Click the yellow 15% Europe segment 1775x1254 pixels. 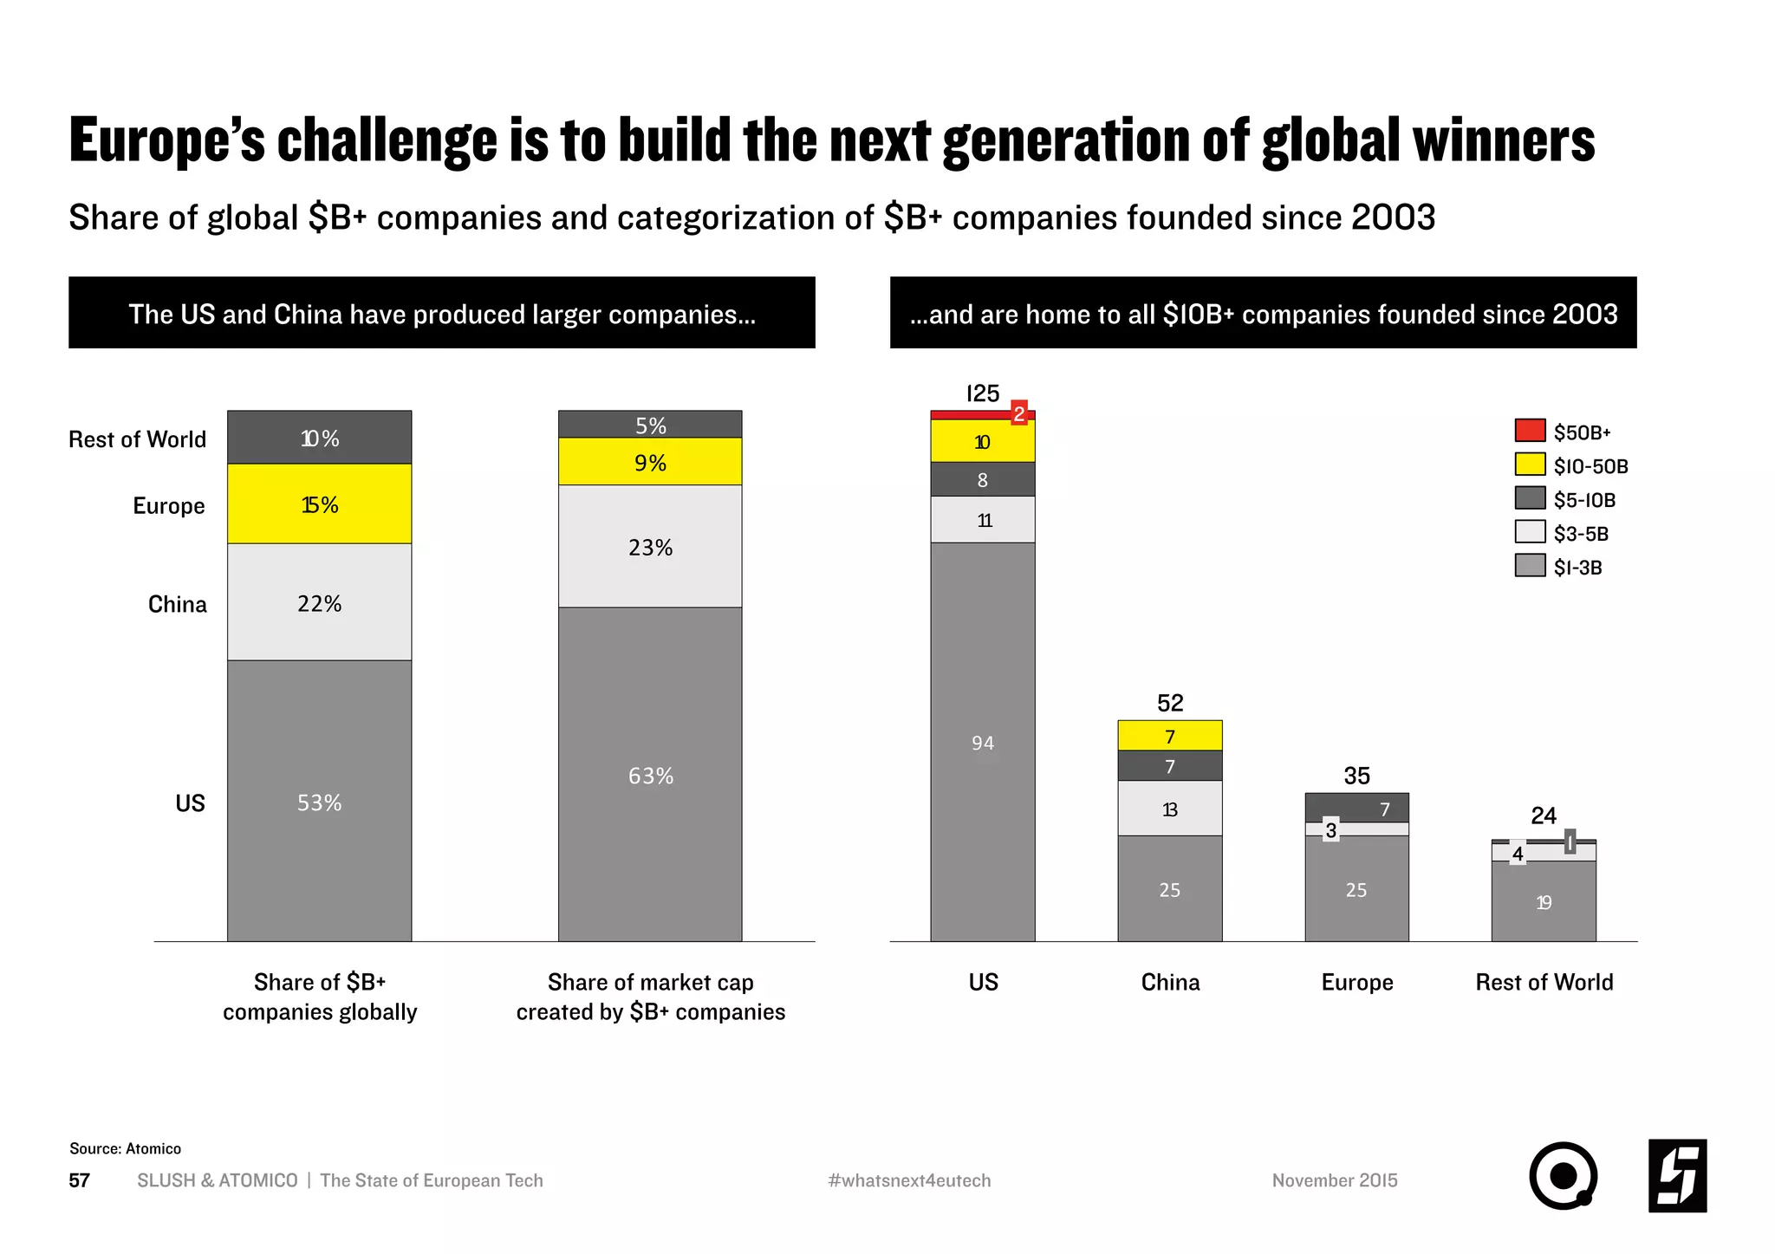(x=319, y=504)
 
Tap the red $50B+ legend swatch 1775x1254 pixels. (x=1530, y=431)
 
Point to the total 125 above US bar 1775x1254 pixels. (x=982, y=394)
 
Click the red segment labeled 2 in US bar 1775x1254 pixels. (x=1019, y=414)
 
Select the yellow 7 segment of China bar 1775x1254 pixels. (x=1169, y=736)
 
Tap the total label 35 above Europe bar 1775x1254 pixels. (x=1356, y=776)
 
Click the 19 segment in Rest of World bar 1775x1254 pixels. (x=1543, y=902)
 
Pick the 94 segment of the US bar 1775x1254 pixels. (x=982, y=743)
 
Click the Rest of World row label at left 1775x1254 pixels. (x=137, y=439)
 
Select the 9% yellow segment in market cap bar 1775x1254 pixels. (x=650, y=462)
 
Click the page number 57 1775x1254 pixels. (x=79, y=1180)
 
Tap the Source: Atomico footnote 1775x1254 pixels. (x=125, y=1148)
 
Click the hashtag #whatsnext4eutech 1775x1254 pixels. (x=908, y=1180)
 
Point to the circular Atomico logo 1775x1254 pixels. (x=1562, y=1176)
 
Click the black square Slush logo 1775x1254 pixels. (x=1676, y=1176)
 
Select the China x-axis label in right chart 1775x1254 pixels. (x=1169, y=982)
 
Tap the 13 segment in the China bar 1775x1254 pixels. (x=1169, y=809)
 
